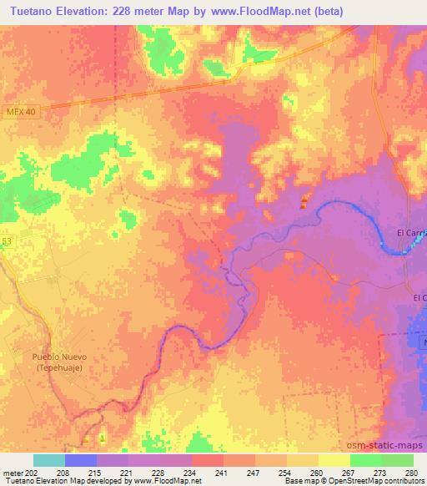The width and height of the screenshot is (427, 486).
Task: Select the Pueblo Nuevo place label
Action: [x=59, y=357]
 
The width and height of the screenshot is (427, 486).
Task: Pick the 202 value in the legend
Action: [x=33, y=472]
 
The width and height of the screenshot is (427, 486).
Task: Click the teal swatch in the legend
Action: [x=48, y=460]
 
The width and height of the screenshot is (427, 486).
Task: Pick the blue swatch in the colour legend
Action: [x=80, y=460]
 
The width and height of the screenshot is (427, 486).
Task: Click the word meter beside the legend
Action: [x=12, y=472]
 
